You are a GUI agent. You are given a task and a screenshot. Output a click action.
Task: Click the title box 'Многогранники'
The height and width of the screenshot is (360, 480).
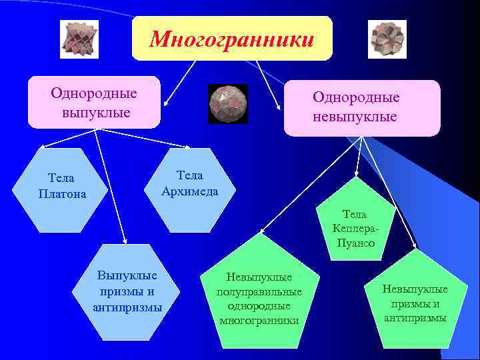(231, 39)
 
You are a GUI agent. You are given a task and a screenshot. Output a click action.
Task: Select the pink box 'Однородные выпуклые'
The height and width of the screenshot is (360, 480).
(94, 102)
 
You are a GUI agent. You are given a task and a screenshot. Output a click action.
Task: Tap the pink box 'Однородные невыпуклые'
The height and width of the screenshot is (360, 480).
(362, 107)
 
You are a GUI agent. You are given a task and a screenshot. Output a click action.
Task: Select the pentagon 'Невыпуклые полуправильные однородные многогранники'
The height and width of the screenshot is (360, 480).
(259, 296)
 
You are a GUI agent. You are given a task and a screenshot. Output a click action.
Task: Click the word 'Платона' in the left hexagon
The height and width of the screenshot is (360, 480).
(63, 194)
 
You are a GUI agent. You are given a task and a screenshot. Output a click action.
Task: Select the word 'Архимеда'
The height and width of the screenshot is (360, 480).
(189, 191)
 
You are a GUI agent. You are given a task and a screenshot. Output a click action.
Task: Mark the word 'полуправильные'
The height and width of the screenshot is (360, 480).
(259, 292)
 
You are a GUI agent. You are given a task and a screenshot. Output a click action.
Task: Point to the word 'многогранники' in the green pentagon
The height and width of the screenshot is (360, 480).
(259, 321)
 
